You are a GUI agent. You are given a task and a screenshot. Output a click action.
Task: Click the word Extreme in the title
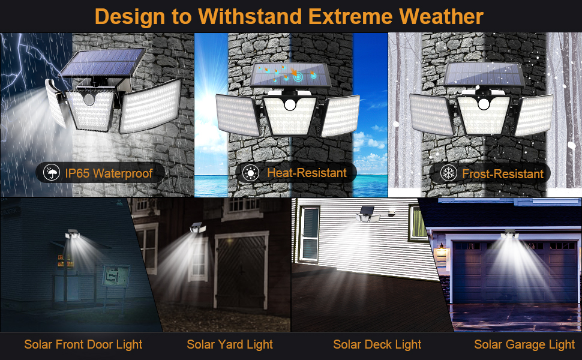(350, 17)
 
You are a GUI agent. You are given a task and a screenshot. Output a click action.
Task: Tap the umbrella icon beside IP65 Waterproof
(52, 173)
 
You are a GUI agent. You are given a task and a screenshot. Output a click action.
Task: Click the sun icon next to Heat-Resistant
(251, 173)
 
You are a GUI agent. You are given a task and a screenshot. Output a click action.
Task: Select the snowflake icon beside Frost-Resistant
(448, 173)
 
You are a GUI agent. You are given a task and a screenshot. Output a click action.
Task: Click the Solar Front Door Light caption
(83, 345)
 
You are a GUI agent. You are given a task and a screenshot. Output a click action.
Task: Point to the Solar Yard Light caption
(230, 345)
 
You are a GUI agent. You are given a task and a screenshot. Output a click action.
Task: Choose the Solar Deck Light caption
(377, 345)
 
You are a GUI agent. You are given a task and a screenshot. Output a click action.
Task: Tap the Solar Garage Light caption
(524, 345)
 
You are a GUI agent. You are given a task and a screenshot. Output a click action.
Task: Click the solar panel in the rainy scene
(103, 63)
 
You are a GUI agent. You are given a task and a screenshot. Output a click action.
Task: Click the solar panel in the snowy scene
(484, 74)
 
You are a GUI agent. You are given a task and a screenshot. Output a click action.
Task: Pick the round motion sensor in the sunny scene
(290, 104)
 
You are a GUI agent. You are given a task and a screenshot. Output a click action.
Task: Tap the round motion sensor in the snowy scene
(484, 104)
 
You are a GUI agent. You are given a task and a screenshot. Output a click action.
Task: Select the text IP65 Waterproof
(109, 173)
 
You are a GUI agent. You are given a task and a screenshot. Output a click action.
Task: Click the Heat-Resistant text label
(307, 173)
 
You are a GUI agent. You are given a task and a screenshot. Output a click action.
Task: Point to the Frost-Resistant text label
(503, 173)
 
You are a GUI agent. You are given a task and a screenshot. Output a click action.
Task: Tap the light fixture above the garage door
(509, 234)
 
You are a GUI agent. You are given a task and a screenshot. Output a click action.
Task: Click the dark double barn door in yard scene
(241, 272)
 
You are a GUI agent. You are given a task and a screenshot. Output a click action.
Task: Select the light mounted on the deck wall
(367, 214)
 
